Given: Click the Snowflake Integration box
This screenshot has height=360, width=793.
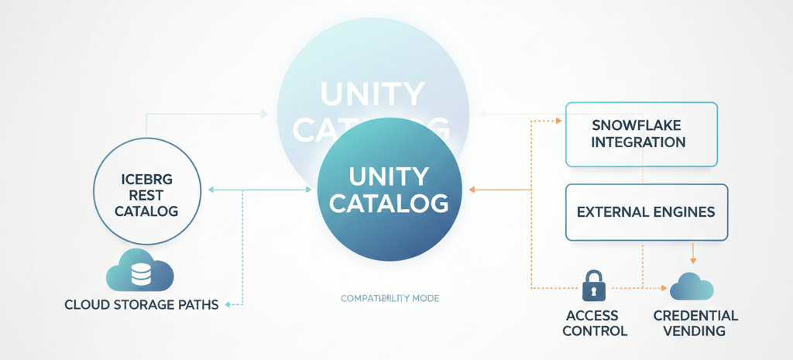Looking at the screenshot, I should pyautogui.click(x=641, y=134).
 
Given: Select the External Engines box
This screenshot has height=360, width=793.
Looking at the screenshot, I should pyautogui.click(x=647, y=211).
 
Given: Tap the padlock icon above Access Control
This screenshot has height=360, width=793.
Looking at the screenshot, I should pyautogui.click(x=594, y=286).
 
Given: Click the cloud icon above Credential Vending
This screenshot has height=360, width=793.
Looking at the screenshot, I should pyautogui.click(x=691, y=286).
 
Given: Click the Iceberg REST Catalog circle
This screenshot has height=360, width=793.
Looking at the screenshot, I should pyautogui.click(x=146, y=194).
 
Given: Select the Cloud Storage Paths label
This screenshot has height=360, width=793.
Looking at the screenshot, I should pyautogui.click(x=142, y=304).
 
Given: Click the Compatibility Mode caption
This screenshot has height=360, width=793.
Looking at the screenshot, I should pyautogui.click(x=390, y=298).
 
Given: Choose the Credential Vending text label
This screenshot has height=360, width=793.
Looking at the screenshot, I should pyautogui.click(x=695, y=323).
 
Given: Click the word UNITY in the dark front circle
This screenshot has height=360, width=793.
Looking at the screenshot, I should pyautogui.click(x=388, y=177).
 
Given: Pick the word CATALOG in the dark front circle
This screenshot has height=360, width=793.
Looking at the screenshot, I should pyautogui.click(x=389, y=204).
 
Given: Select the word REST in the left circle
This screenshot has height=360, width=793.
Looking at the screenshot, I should pyautogui.click(x=146, y=195).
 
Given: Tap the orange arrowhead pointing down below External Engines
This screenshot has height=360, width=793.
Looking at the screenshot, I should pyautogui.click(x=693, y=259).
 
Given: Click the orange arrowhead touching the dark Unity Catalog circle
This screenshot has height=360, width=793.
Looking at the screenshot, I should pyautogui.click(x=473, y=190).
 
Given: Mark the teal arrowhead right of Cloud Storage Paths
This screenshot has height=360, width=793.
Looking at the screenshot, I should pyautogui.click(x=228, y=304).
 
